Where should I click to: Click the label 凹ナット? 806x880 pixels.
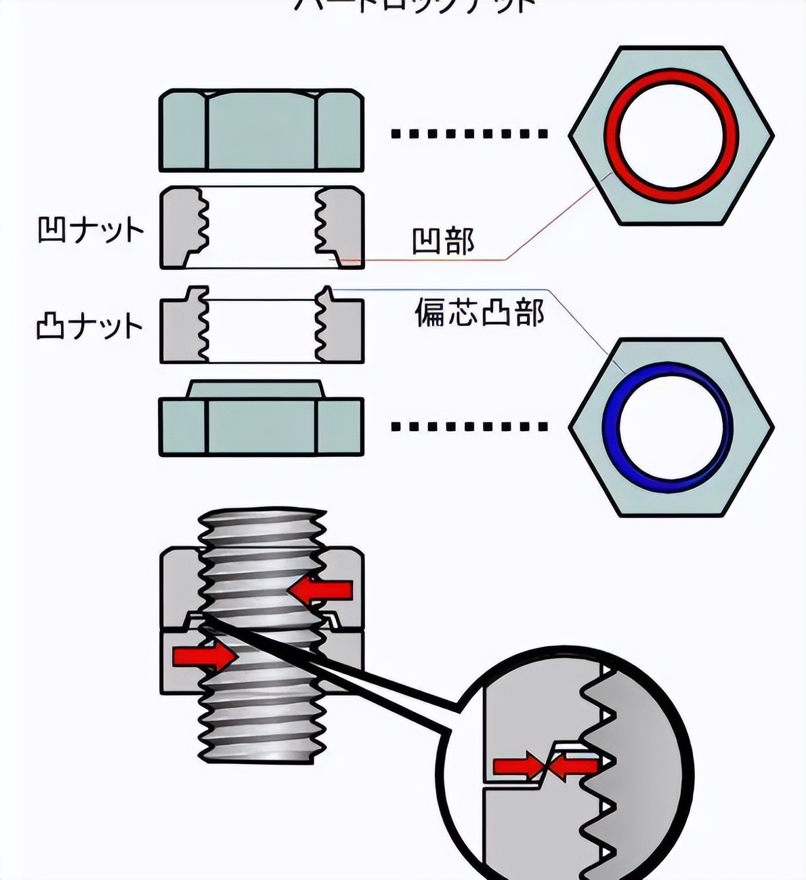pos(90,231)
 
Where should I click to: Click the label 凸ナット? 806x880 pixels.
pos(90,326)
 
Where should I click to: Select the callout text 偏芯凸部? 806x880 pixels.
pos(479,313)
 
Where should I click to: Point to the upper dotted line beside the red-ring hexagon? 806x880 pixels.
pos(469,134)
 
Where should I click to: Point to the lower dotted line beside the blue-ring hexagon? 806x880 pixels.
pos(469,427)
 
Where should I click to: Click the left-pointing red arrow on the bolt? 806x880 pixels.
pos(321,590)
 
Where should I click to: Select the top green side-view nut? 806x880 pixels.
pos(261,130)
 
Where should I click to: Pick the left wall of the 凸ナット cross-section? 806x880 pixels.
pos(179,329)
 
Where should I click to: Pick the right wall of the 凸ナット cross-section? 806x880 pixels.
pos(343,329)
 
